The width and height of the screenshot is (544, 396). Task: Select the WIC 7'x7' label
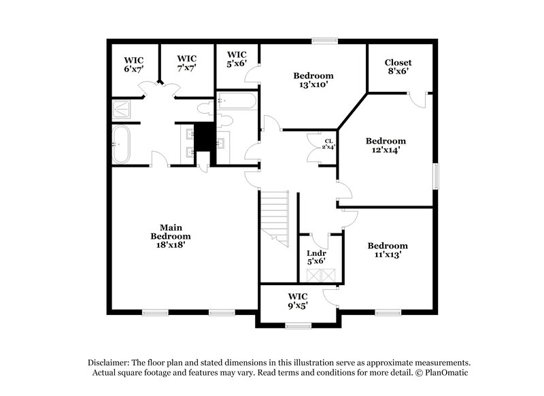(x=186, y=63)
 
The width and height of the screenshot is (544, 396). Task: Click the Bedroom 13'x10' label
(x=313, y=80)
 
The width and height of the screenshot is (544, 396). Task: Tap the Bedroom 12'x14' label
(x=386, y=146)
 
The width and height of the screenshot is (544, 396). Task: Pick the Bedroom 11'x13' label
(x=388, y=250)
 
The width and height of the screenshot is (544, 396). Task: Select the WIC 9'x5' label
(x=298, y=300)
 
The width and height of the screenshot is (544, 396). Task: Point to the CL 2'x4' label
(x=328, y=144)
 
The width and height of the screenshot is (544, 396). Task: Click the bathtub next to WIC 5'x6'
(x=237, y=101)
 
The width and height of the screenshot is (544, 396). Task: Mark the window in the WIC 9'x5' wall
(x=298, y=326)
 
